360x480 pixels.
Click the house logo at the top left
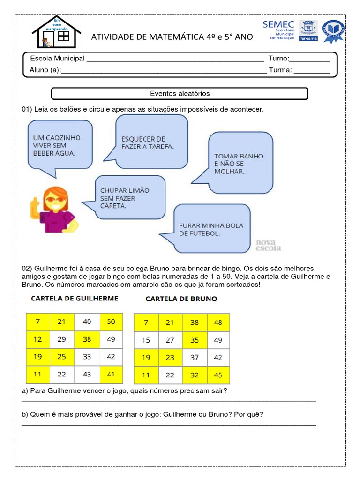click(56, 31)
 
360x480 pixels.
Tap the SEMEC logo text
click(278, 25)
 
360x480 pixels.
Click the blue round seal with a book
click(333, 31)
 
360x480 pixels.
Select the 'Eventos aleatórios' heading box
click(180, 94)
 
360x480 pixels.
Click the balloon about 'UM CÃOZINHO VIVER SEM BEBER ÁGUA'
click(60, 145)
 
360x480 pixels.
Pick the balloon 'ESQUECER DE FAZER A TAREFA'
click(151, 142)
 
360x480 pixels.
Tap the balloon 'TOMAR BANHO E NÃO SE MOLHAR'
click(240, 163)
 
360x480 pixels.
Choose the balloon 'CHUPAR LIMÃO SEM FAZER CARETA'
click(130, 197)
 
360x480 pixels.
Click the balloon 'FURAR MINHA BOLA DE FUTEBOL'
click(212, 228)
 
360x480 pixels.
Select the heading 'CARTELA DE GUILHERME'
click(75, 298)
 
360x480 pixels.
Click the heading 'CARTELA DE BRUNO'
click(181, 299)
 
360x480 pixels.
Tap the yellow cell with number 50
click(111, 322)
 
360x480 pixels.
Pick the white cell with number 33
click(87, 357)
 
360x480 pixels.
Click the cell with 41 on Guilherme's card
click(111, 374)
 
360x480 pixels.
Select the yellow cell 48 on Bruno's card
click(218, 322)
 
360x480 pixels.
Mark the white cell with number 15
click(146, 340)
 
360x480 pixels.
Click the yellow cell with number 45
click(218, 375)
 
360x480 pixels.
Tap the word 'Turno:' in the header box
click(279, 59)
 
